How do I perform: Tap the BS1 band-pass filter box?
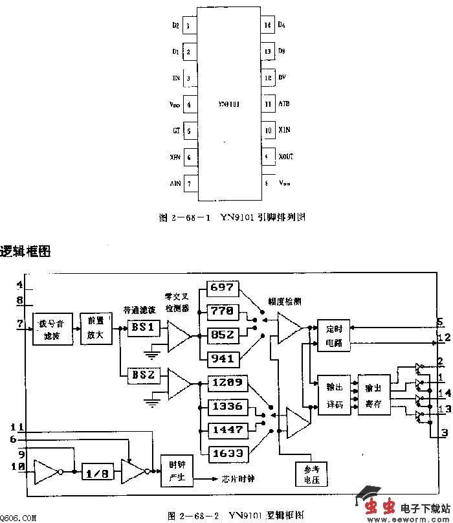[142, 328]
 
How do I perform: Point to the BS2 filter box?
[142, 375]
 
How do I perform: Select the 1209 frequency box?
[226, 383]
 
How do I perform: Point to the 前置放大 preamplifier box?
[95, 329]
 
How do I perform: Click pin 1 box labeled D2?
[188, 27]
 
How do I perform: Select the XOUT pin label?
[285, 157]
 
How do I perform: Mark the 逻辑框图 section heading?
[25, 251]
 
